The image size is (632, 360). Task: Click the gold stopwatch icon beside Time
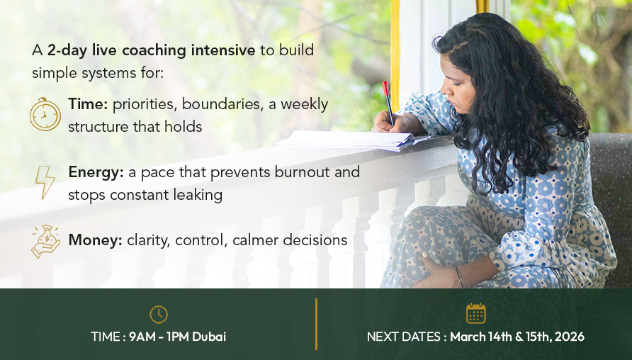tap(45, 114)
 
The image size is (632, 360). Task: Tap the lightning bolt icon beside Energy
tap(45, 182)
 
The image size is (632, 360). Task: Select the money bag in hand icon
tap(45, 241)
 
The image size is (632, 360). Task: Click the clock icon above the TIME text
tap(159, 314)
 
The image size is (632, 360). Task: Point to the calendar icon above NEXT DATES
tap(475, 313)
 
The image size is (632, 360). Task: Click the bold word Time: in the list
tap(88, 104)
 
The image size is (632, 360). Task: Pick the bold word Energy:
tap(96, 172)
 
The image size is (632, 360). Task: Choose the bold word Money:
tap(95, 240)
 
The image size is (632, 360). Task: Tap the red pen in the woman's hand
tap(388, 103)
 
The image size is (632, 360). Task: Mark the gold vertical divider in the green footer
tap(317, 324)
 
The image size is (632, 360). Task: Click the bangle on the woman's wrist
tap(459, 276)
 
